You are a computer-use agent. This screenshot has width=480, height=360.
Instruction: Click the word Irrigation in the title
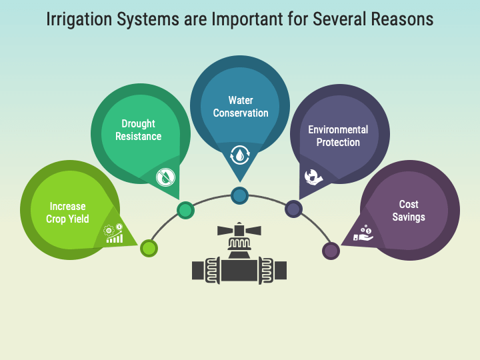pos(79,19)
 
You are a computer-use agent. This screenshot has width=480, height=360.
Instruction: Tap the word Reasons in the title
pos(401,19)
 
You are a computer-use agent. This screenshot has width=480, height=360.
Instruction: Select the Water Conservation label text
pos(240,107)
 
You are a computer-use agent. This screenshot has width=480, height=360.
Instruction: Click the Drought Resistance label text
pos(139,130)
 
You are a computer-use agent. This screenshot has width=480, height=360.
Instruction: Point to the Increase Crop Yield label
pos(67,213)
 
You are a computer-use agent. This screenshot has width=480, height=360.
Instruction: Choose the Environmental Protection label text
pos(338,136)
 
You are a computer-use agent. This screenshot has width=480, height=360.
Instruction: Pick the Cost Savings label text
pos(409,211)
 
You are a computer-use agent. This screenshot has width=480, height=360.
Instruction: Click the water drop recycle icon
pos(240,155)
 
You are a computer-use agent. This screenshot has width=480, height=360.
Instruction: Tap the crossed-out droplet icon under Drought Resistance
pos(165,177)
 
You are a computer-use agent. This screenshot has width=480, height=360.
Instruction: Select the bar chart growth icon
pos(114,233)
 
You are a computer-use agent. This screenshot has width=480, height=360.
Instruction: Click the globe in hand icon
pos(313,177)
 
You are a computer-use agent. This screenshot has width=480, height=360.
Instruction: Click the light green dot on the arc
pos(149,249)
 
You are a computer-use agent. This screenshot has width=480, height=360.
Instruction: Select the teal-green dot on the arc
pos(185,211)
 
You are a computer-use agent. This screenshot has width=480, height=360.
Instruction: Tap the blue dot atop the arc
pos(240,195)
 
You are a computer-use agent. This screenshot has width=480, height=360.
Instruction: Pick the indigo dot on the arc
pos(293,209)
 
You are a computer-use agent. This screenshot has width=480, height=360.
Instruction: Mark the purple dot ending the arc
pos(331,251)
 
